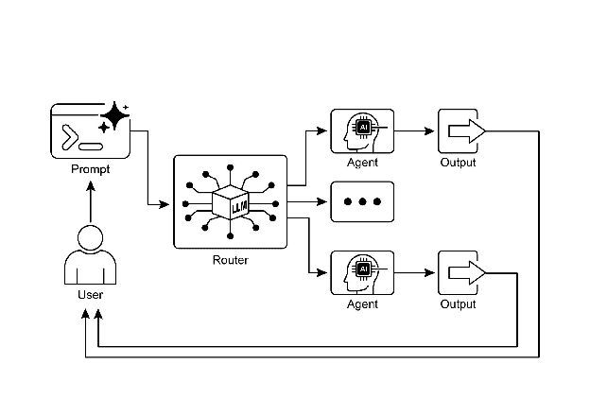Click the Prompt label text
click(90, 169)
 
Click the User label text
click(90, 295)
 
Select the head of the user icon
click(90, 237)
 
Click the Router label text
click(231, 260)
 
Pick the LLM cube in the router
click(231, 202)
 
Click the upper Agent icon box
click(362, 131)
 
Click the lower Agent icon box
click(362, 273)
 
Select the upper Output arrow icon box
click(463, 131)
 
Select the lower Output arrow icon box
click(463, 273)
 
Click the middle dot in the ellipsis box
click(362, 202)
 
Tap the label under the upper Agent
click(362, 163)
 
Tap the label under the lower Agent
click(362, 304)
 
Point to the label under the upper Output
click(459, 163)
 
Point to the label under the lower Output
click(459, 304)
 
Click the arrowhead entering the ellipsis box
click(323, 202)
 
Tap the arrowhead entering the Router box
click(168, 203)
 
